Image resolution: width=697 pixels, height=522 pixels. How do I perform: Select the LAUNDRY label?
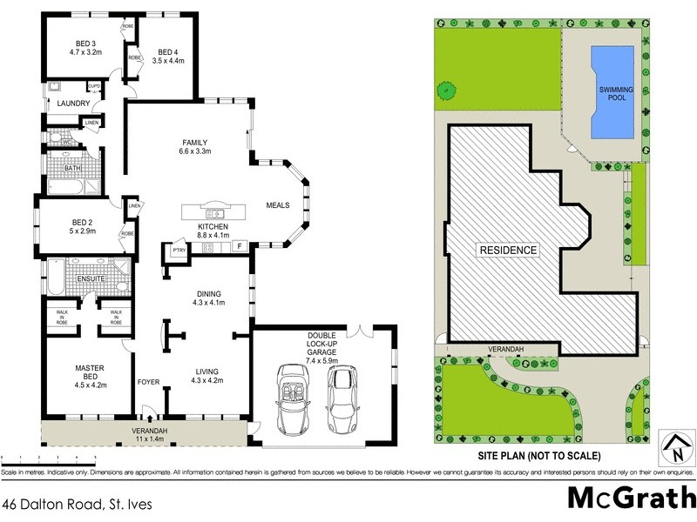[x=73, y=104]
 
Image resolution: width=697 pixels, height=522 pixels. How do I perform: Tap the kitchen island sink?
[x=213, y=213]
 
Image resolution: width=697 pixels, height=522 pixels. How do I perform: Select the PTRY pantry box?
[x=178, y=251]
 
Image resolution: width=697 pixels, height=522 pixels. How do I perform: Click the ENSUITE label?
[x=91, y=279]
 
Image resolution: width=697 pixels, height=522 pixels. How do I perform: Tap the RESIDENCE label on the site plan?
[x=509, y=251]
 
